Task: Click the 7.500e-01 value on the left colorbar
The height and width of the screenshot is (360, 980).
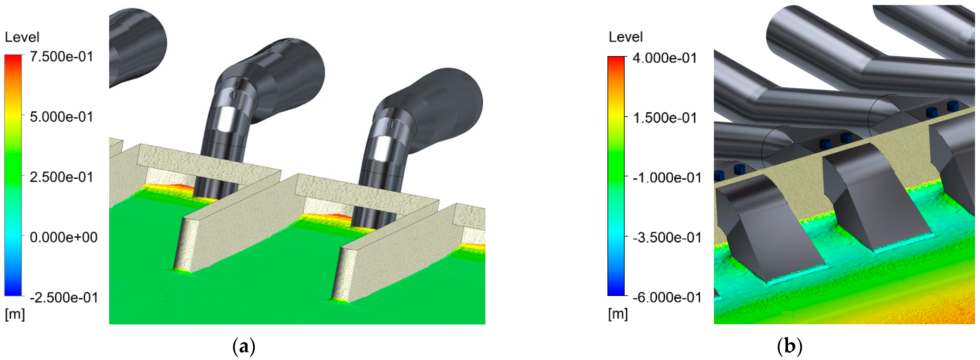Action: tap(62, 57)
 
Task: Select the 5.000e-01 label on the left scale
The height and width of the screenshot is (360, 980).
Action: tap(62, 117)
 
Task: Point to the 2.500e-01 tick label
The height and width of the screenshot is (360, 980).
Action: tap(62, 177)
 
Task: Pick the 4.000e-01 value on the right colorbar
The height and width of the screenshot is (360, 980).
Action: tap(665, 58)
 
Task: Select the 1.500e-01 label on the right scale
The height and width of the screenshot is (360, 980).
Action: tap(665, 118)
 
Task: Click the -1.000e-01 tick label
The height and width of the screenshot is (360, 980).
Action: tap(667, 178)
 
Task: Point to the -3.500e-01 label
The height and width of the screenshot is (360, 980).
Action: tap(667, 238)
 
